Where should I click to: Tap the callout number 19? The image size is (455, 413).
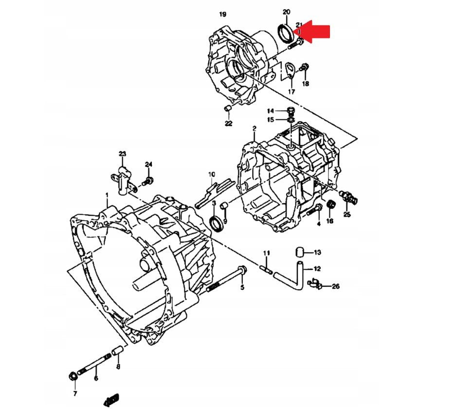tap(223, 14)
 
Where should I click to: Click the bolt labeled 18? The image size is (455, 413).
tap(305, 66)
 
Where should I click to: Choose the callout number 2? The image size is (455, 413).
tap(254, 129)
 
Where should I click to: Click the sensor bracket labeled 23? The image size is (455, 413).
tap(123, 176)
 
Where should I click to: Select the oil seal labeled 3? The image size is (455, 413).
tap(216, 223)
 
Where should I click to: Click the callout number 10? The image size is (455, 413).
tap(211, 174)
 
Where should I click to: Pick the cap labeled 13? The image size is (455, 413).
tap(301, 252)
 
